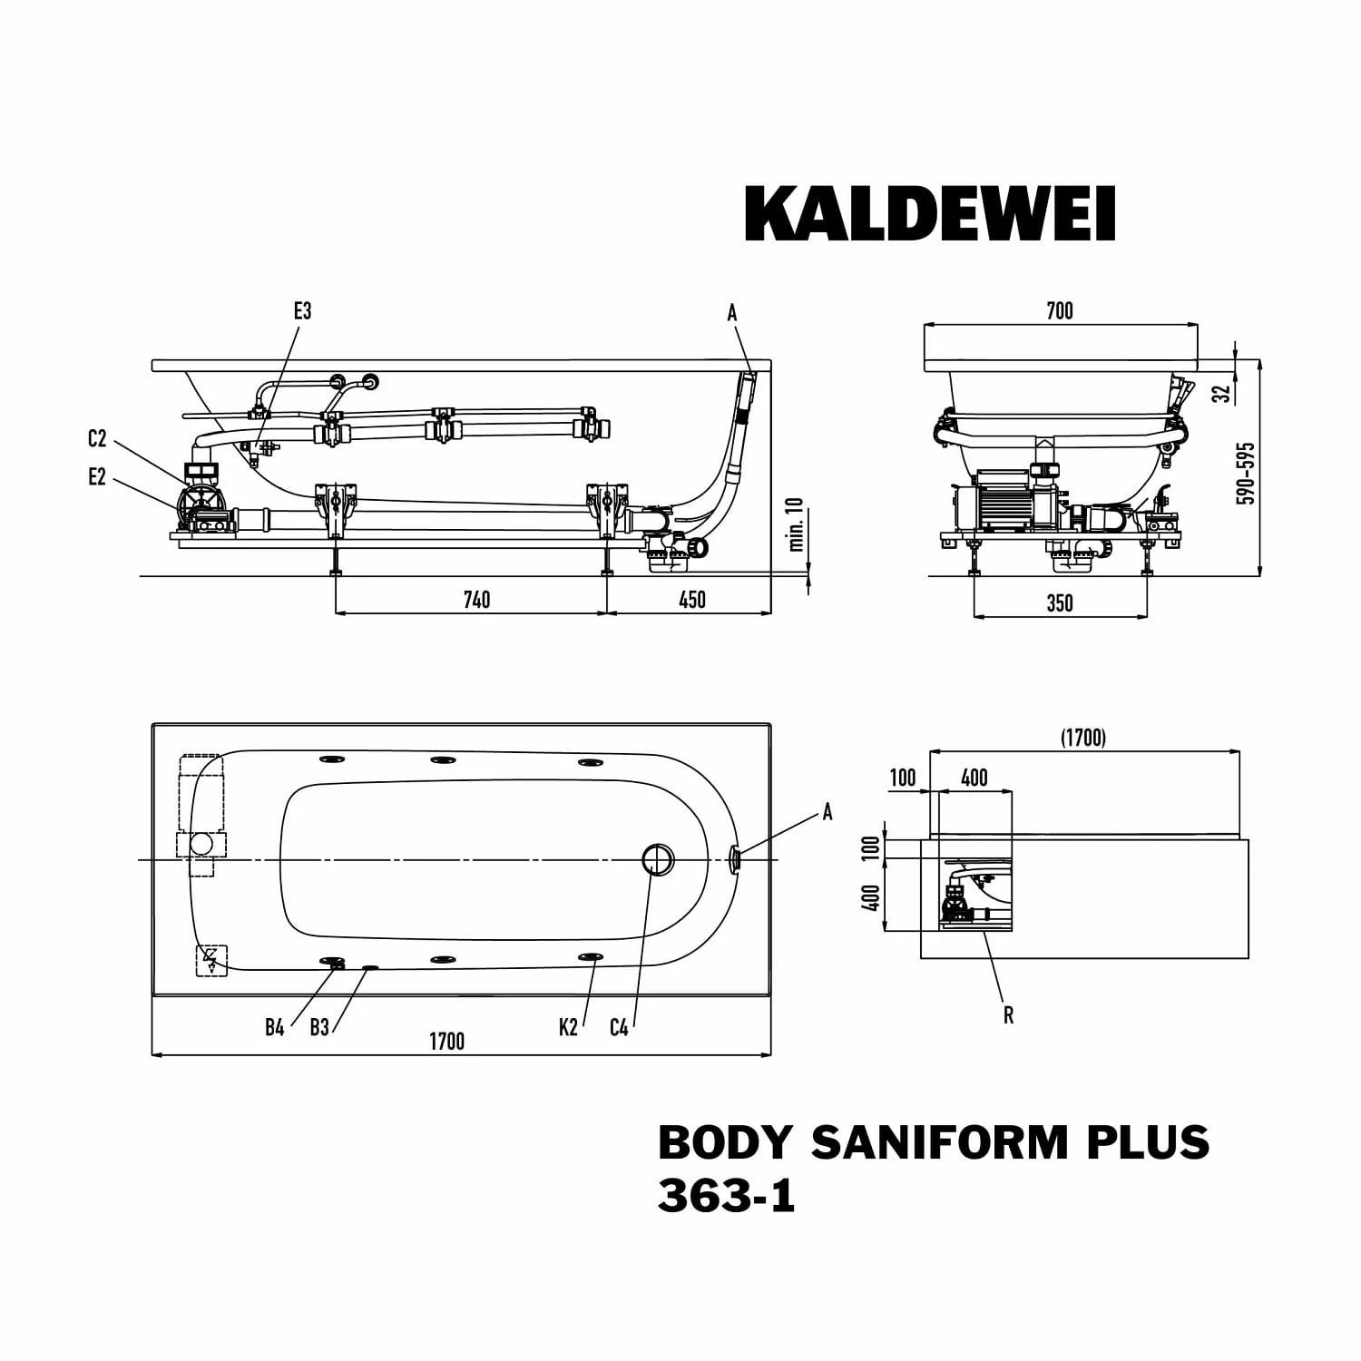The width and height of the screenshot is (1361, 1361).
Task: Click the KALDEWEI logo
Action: pos(929,214)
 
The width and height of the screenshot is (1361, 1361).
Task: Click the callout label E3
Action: pos(302,311)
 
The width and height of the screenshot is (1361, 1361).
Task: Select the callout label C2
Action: pos(97,439)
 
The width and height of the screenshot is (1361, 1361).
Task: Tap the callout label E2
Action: pos(97,477)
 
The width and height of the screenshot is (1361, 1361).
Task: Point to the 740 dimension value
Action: pos(476,600)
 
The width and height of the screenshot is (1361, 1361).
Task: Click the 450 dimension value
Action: pos(691,600)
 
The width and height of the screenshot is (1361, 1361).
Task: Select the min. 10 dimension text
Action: pos(797,524)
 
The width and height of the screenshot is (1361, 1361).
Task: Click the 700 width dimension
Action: pos(1059,311)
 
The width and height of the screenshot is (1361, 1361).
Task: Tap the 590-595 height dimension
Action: pos(1247,473)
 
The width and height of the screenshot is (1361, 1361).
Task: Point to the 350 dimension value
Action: pos(1059,603)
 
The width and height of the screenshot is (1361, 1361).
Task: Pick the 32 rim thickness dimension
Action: pos(1222,393)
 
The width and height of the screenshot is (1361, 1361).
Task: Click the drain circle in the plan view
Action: pos(659,858)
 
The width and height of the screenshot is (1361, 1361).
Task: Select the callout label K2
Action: pos(568,1027)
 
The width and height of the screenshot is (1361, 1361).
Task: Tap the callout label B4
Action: pos(275,1027)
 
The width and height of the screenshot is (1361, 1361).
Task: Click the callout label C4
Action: pos(619,1027)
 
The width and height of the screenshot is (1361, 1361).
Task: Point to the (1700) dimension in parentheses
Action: pos(1083,739)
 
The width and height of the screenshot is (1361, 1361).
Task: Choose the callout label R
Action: pos(1008,1015)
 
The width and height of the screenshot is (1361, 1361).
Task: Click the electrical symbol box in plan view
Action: pos(211,960)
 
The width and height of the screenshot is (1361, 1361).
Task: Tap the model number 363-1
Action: pos(726,1196)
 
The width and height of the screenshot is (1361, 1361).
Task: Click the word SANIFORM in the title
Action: pos(939,1142)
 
